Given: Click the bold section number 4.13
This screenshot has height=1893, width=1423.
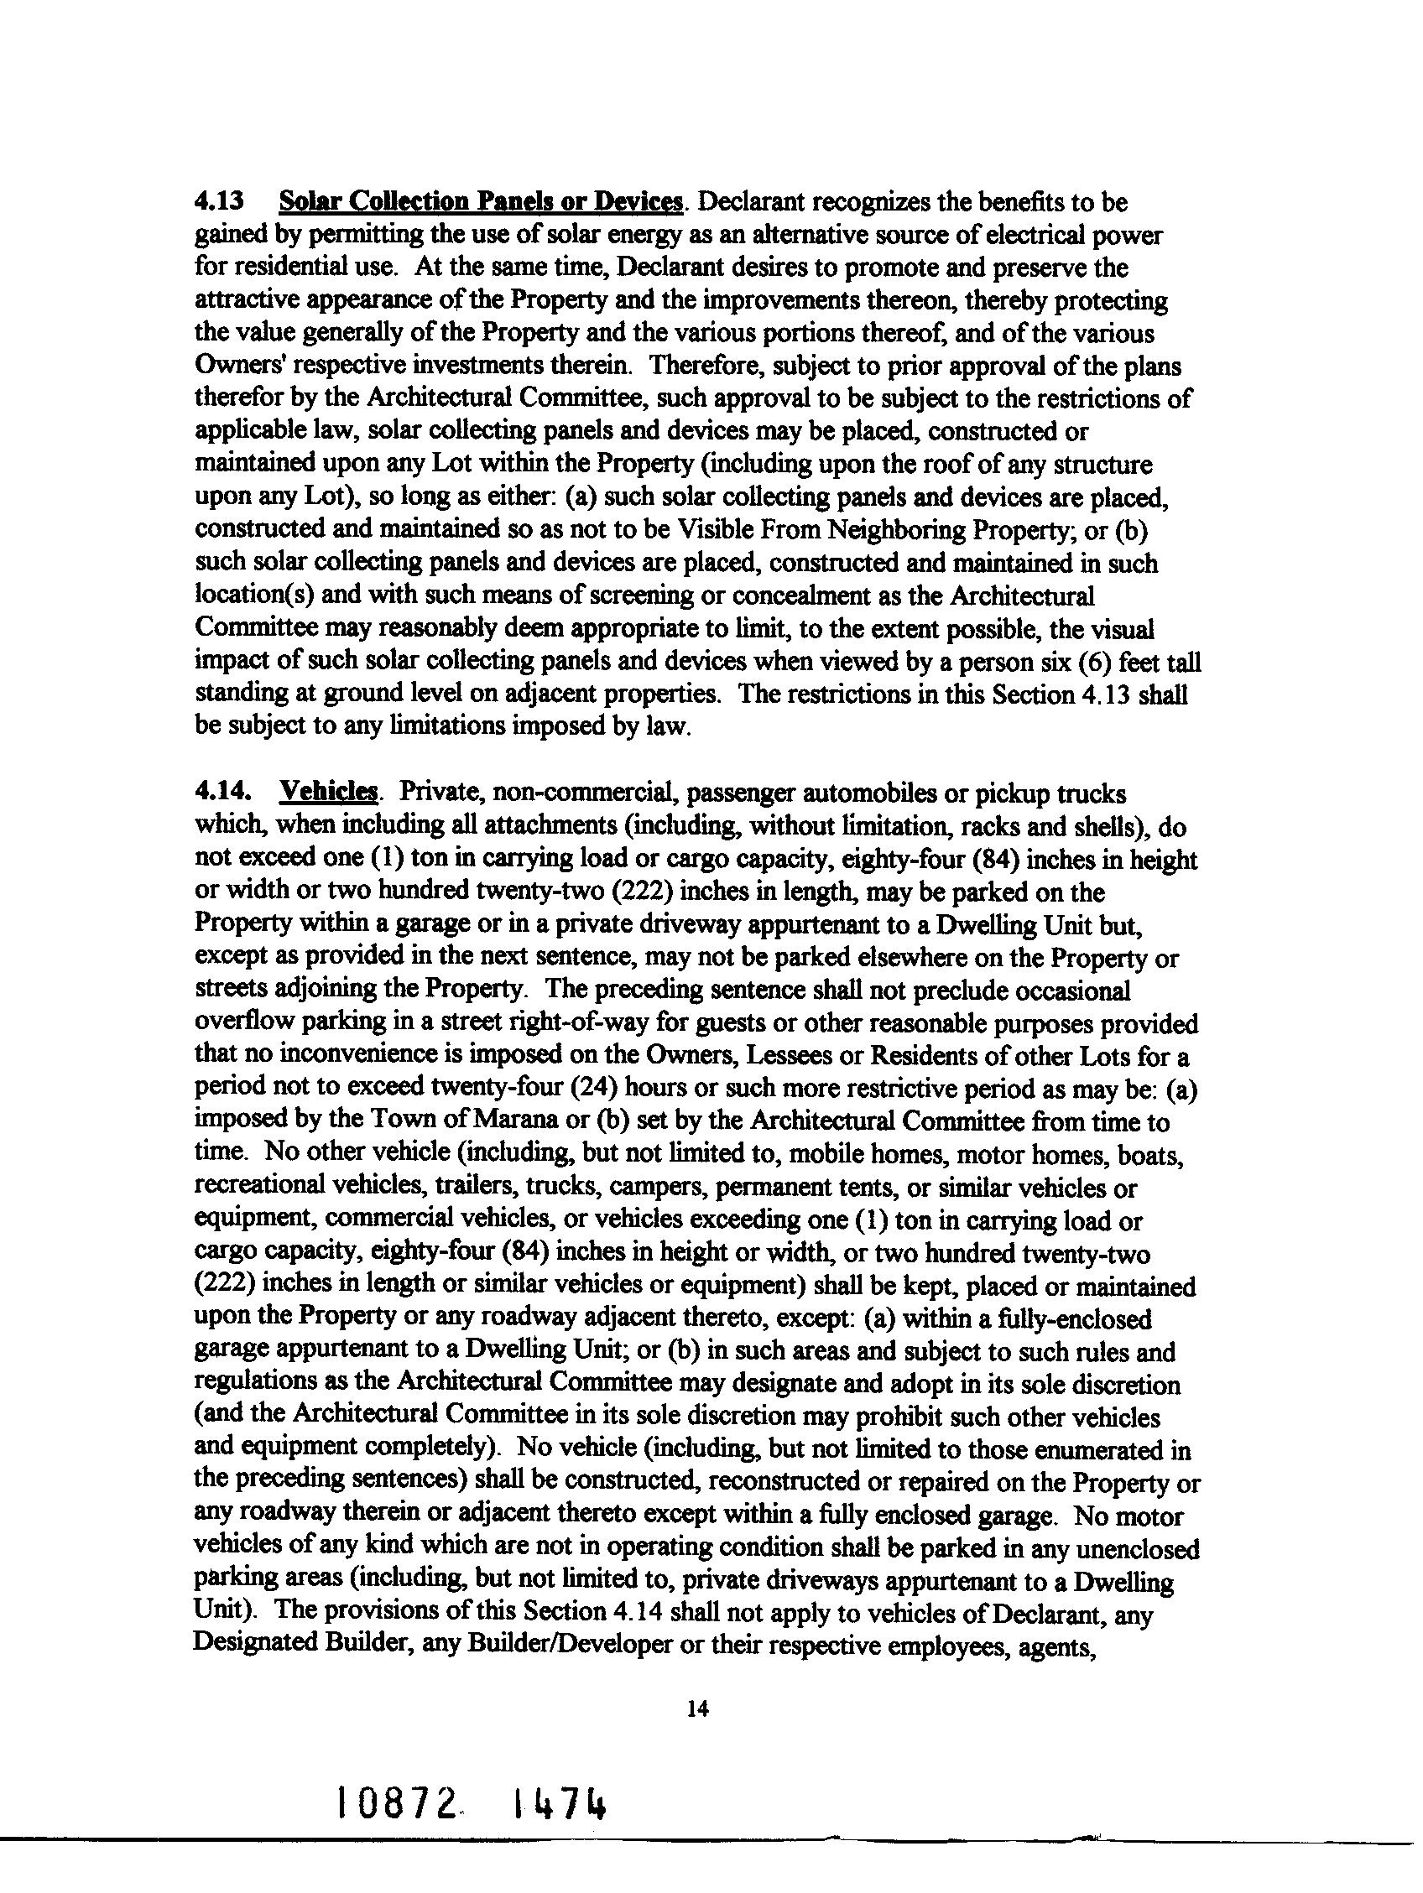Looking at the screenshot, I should coord(219,202).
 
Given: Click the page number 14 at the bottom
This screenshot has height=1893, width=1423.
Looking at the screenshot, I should coord(697,1709).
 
